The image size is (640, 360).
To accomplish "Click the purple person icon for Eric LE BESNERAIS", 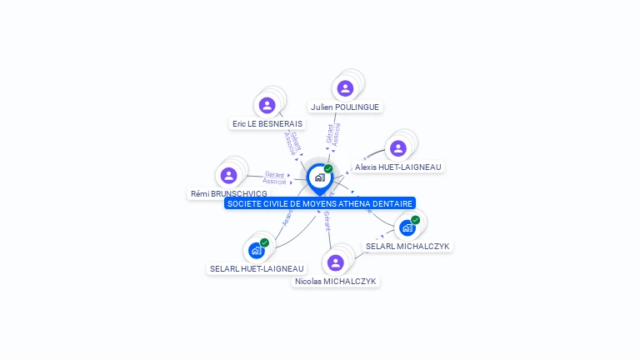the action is [x=267, y=105].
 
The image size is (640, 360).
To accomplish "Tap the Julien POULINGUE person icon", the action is [x=345, y=87].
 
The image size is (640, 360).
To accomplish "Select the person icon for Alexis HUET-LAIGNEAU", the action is [x=398, y=148].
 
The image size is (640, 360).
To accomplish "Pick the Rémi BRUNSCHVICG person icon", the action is [x=228, y=175].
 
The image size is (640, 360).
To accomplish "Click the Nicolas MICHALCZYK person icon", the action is [x=336, y=262].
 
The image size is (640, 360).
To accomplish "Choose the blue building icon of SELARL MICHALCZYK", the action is [x=407, y=227].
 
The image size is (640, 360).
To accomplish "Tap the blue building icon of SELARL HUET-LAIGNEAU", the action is [x=257, y=250].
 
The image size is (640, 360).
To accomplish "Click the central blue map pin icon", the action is [x=319, y=177].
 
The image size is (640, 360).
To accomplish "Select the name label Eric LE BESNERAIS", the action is [x=267, y=123].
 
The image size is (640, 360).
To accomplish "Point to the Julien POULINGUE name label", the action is [x=345, y=107].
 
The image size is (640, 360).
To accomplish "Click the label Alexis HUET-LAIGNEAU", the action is [x=397, y=167].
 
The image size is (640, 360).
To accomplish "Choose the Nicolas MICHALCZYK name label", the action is [x=337, y=282].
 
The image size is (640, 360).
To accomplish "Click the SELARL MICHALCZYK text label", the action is [x=407, y=246].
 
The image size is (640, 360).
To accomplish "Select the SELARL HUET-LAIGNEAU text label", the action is [x=257, y=268].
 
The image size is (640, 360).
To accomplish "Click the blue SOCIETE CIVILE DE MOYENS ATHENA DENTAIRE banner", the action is [x=319, y=203].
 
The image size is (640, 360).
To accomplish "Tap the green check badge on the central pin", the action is [x=328, y=168].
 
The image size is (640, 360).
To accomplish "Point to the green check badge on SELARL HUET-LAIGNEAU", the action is [x=264, y=242].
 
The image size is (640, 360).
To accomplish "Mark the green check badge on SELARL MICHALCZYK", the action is [x=415, y=220].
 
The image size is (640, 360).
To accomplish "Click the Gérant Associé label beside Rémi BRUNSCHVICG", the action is [x=275, y=177].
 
